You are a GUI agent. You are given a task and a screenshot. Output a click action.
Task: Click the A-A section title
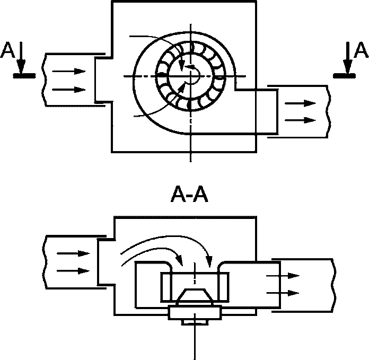[189, 194]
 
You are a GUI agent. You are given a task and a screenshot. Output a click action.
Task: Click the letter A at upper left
[7, 50]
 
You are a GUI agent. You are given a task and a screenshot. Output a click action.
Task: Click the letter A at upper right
[361, 50]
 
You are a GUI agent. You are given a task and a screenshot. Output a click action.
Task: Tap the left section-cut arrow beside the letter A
[21, 58]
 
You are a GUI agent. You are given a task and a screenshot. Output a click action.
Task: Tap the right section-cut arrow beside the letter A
[348, 58]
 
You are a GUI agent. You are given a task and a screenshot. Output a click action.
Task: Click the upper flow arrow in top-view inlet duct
[69, 71]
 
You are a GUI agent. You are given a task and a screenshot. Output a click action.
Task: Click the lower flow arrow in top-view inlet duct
[69, 90]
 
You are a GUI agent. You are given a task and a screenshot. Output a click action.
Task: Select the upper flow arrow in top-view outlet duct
[300, 103]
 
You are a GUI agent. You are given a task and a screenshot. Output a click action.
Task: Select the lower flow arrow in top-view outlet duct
[300, 120]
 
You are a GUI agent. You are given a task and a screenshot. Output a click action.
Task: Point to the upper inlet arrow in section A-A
[73, 253]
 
